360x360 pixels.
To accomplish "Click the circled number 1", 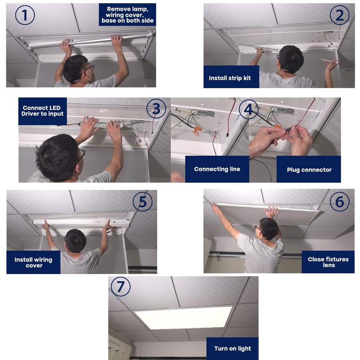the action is click(25, 15).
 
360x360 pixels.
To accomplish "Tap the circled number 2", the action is click(340, 15).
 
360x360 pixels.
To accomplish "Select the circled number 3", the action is click(156, 109).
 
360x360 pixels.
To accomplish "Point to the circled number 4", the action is click(249, 109).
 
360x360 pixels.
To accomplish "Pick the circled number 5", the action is click(143, 202).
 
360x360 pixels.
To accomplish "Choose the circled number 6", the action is click(340, 202).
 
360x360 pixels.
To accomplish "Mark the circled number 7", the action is click(121, 287).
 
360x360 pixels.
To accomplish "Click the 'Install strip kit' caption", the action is click(230, 78).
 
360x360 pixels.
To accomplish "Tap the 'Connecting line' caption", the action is click(217, 169).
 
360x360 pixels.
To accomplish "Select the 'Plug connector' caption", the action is click(309, 170).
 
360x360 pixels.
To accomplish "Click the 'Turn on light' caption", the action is click(233, 348).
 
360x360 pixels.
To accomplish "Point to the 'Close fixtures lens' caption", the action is click(328, 262).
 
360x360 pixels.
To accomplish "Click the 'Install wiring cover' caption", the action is click(33, 262).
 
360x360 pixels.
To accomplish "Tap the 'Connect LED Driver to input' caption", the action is click(42, 111).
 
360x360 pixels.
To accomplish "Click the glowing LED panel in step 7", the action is click(184, 318).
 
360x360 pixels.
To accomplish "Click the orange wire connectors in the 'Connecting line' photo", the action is click(196, 130).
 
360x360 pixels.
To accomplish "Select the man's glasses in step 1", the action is click(90, 68).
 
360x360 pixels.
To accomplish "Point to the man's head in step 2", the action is click(291, 59).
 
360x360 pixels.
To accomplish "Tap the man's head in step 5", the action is click(76, 240).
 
